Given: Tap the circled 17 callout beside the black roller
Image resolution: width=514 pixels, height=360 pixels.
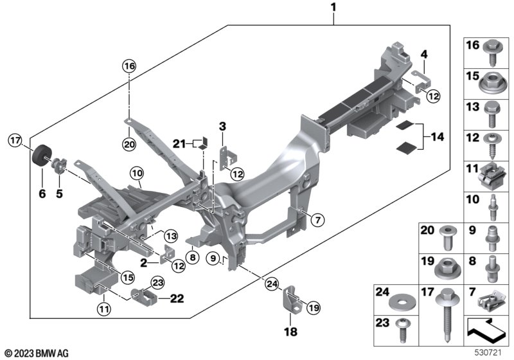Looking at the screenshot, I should click(15, 139).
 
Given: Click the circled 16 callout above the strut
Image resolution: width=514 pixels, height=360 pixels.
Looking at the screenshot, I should click(130, 66).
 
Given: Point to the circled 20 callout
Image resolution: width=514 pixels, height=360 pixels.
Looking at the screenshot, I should click(130, 145).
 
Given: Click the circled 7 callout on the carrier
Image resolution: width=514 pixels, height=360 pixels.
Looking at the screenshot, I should click(315, 221).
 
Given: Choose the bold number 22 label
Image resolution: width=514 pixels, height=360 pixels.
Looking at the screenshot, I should click(177, 298).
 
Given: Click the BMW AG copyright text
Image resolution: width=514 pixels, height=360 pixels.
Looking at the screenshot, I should click(36, 352).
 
